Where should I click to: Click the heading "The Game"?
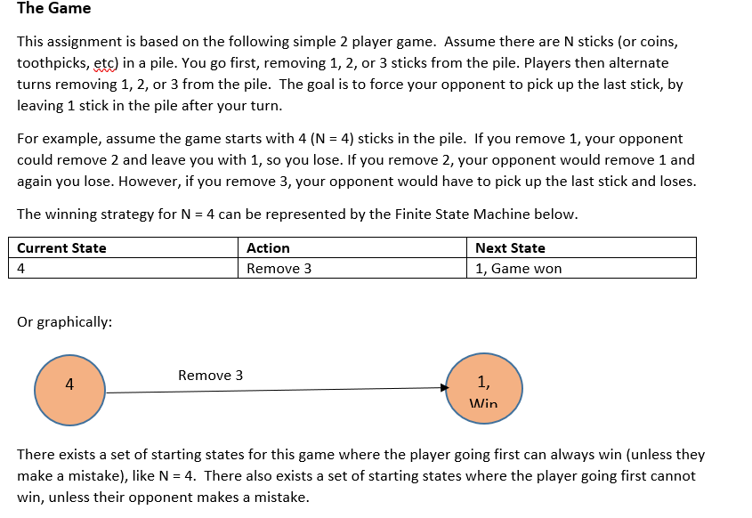[x=53, y=8]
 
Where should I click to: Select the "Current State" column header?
[x=61, y=248]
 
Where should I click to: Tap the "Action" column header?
[x=268, y=248]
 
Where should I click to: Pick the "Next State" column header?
[x=510, y=248]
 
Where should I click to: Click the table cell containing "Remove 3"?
[x=352, y=268]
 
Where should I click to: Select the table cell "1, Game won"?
[x=581, y=268]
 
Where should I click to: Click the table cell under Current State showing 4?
[x=123, y=268]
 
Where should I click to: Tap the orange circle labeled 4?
[x=69, y=390]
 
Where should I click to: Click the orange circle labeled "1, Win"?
[x=484, y=388]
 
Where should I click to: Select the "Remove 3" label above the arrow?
[x=211, y=375]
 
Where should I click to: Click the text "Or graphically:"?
[x=65, y=322]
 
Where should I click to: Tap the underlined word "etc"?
[x=104, y=63]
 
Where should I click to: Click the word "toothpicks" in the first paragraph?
[x=53, y=63]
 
